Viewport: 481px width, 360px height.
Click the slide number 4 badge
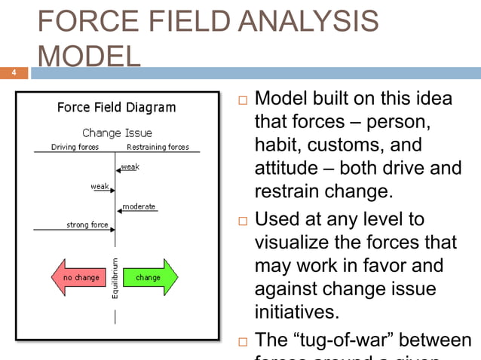pos(14,73)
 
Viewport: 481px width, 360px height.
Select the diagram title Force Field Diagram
pos(117,108)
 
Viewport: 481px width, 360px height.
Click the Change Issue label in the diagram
pos(117,133)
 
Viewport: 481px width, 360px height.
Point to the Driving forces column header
pos(75,147)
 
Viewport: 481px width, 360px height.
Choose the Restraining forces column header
pos(158,147)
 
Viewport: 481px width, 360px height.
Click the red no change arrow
pos(81,278)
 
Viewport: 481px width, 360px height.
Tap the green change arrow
pos(149,278)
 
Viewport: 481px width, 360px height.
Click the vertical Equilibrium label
pos(115,278)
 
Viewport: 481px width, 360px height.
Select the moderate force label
pos(139,206)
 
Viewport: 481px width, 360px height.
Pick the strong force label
pos(87,224)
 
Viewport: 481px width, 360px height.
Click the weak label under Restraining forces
pos(130,167)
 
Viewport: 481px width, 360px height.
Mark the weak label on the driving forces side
pos(99,186)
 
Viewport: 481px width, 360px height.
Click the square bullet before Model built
pos(241,100)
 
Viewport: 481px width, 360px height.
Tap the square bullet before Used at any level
pos(241,221)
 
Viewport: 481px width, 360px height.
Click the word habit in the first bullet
pos(277,145)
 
